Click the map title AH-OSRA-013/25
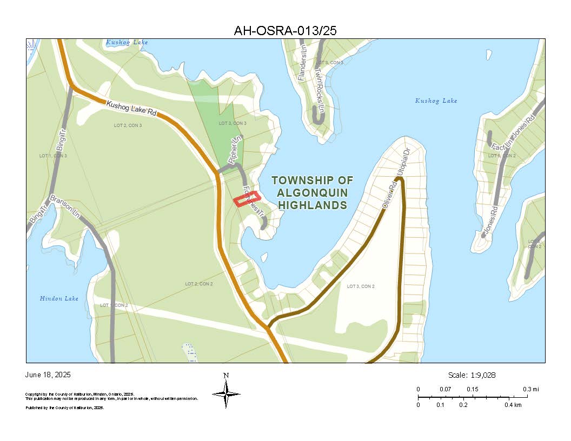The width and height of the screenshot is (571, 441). pos(285,31)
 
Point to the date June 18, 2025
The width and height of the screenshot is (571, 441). pos(48,375)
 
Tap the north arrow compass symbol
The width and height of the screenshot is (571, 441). pos(226,393)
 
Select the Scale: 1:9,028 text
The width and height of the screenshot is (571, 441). pos(472,375)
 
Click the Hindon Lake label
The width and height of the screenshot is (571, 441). pos(59,298)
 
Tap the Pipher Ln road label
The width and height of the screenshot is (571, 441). pos(234,151)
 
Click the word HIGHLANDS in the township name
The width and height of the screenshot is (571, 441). pos(312,205)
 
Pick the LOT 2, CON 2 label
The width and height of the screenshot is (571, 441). pos(199,284)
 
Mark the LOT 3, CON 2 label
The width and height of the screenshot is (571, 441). pos(361,286)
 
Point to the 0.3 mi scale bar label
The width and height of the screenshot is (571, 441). pos(530,389)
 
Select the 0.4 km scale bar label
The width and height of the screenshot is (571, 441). pos(513,405)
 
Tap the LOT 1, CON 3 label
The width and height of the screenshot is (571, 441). pos(54,156)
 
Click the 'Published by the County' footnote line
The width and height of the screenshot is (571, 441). pos(65,408)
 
